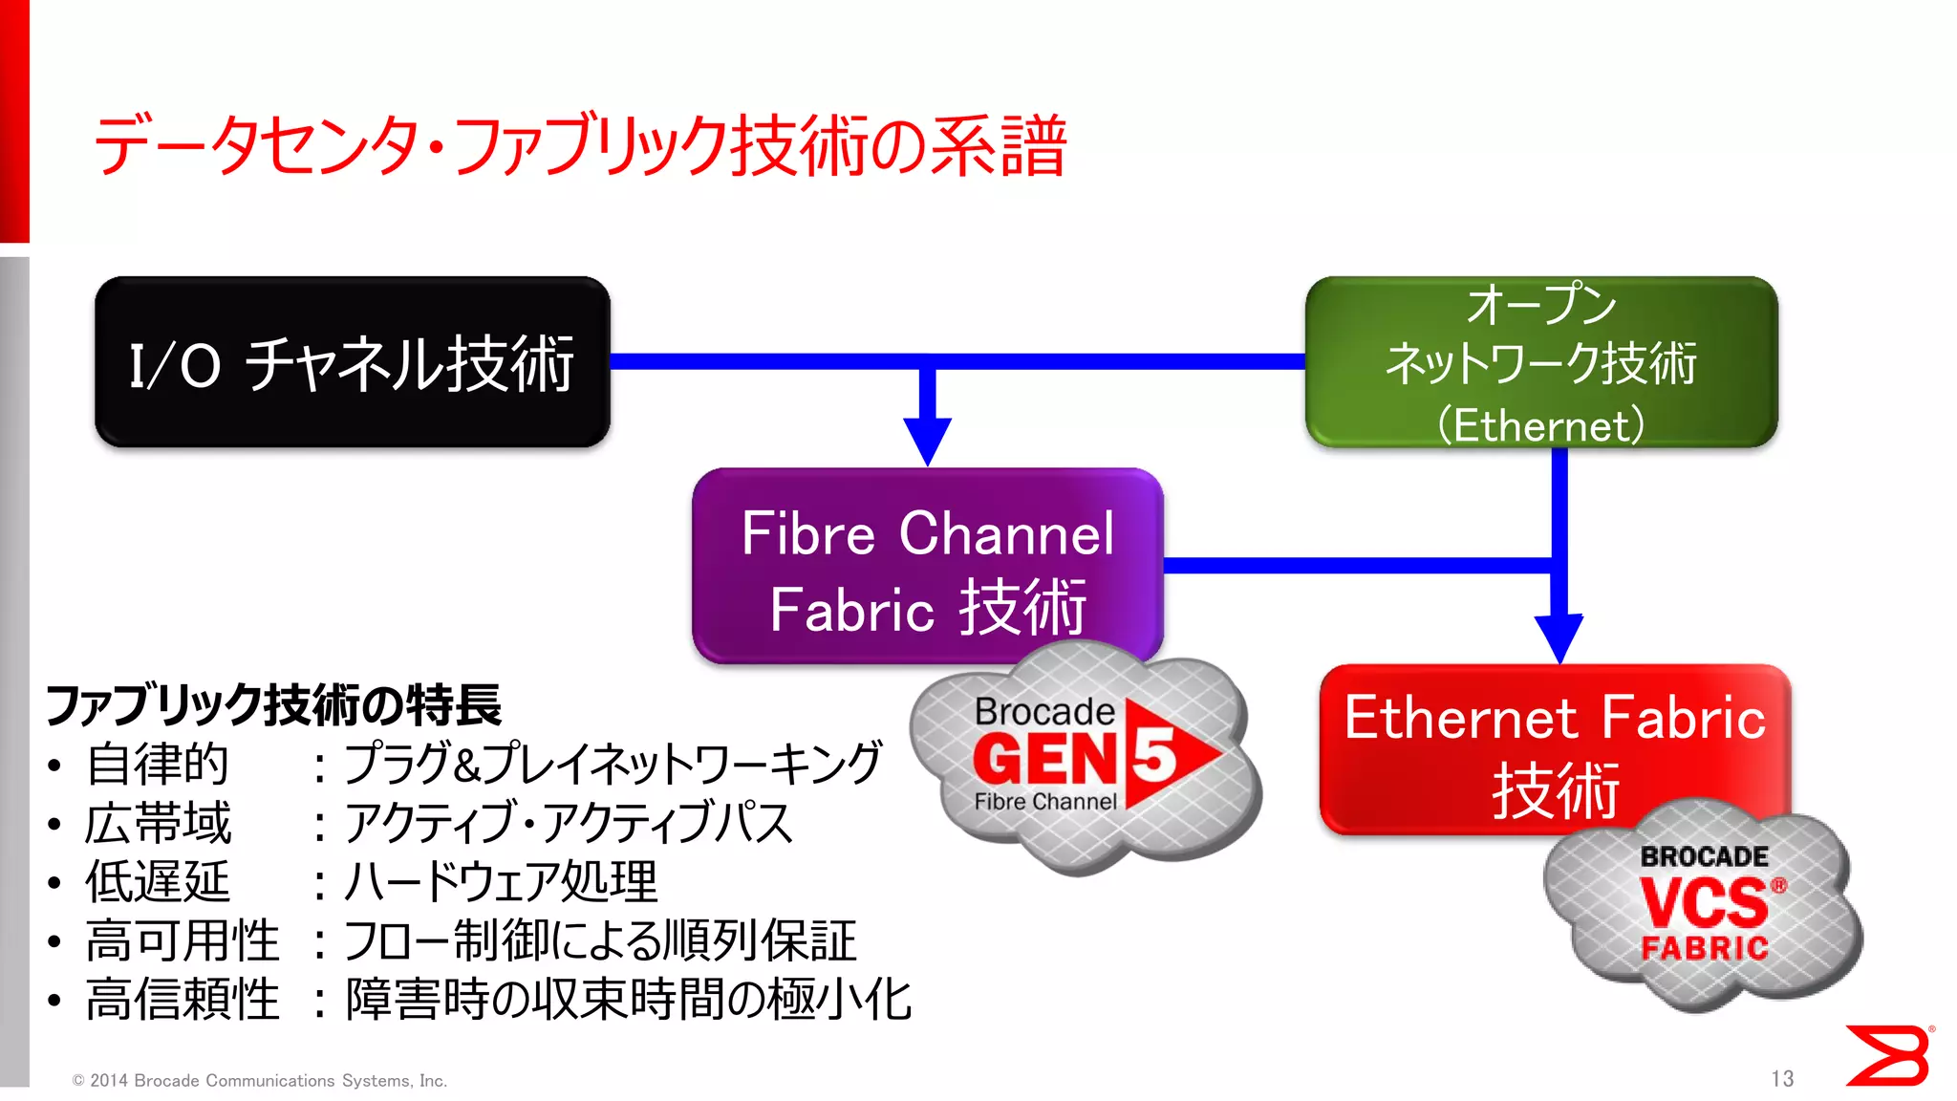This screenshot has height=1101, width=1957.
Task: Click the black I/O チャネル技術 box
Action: pos(352,362)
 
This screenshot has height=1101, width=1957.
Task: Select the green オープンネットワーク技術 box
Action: pos(1540,362)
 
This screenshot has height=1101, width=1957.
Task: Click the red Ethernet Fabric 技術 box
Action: pos(1554,736)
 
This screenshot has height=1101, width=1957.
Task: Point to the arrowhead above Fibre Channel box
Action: pos(927,441)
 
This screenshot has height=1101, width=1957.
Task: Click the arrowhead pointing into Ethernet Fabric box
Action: pos(1559,638)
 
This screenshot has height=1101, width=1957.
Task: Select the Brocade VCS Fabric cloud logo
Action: pos(1703,903)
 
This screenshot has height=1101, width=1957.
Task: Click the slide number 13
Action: pos(1781,1078)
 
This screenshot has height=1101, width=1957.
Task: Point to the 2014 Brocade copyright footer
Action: pos(259,1080)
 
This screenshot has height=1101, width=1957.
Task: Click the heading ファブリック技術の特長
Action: pos(273,705)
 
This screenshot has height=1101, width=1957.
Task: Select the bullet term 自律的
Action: pos(158,764)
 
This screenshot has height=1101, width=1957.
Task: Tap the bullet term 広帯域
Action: pos(158,823)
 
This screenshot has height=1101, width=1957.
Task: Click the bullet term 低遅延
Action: pos(158,881)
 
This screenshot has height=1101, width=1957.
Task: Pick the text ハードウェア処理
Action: pos(501,881)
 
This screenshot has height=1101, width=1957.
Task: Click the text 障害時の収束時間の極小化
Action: pos(628,1000)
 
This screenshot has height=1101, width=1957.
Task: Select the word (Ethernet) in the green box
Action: pos(1540,424)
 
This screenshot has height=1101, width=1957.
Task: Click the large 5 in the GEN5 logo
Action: pos(1154,757)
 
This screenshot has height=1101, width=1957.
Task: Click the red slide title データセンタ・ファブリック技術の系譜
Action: pos(579,146)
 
